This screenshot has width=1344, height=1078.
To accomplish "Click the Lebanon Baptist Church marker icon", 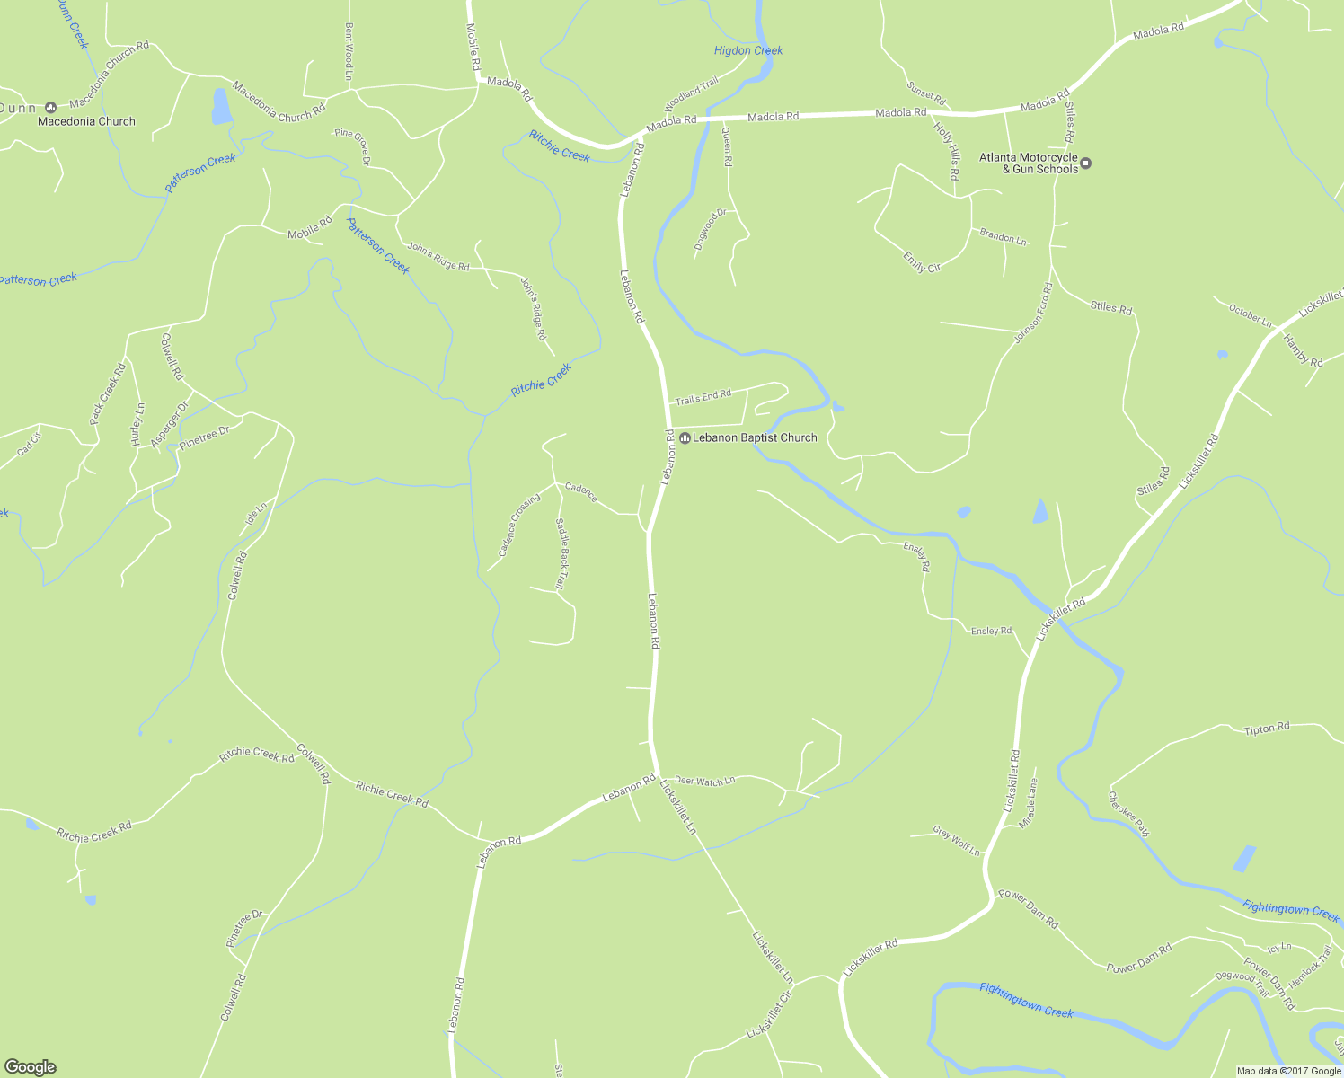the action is (x=685, y=438).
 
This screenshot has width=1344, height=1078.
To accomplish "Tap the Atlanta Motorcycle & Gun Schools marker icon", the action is (x=1085, y=163).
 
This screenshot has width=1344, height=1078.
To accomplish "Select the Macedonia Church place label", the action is (x=86, y=121).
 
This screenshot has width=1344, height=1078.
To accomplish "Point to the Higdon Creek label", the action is (x=748, y=51).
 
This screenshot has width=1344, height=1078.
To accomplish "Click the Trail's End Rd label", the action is (x=703, y=396).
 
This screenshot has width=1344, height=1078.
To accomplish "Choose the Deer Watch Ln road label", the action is (x=704, y=782).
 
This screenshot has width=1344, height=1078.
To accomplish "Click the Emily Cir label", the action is (x=922, y=261).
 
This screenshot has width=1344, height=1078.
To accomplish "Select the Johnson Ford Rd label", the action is (x=1033, y=314).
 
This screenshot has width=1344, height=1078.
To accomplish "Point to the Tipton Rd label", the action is (x=1267, y=728).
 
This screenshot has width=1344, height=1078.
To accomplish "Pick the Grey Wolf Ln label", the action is (x=956, y=841).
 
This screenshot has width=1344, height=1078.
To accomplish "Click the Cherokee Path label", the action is (x=1128, y=814).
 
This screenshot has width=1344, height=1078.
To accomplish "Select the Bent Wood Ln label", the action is (x=349, y=52).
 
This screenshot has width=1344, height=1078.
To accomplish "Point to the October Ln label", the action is (x=1250, y=315).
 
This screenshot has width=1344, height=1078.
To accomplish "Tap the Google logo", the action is (x=30, y=1067).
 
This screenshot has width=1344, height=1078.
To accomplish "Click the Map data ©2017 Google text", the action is (x=1287, y=1071).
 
